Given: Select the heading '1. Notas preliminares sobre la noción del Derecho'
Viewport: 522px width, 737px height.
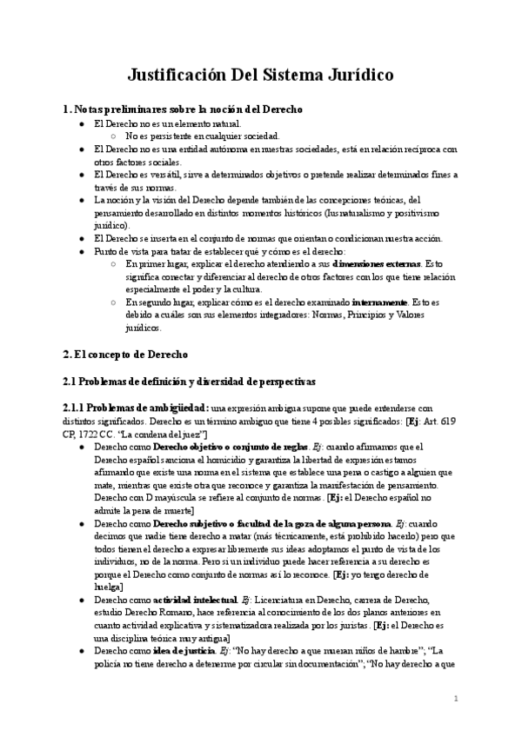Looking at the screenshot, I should pyautogui.click(x=183, y=110).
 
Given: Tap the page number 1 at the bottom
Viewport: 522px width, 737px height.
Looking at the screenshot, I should pyautogui.click(x=456, y=698).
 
